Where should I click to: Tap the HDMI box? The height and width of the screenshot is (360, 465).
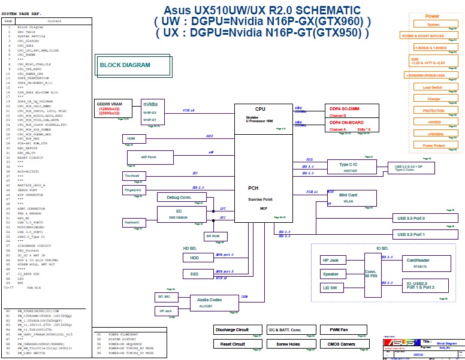click(x=132, y=139)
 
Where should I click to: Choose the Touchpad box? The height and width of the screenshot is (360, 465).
click(x=132, y=176)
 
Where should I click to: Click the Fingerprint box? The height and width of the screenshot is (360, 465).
click(x=133, y=190)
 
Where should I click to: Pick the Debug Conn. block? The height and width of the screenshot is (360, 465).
click(x=179, y=197)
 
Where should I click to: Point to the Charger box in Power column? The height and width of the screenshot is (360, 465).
click(x=434, y=99)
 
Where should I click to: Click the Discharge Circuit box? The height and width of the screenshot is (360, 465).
click(x=234, y=329)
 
